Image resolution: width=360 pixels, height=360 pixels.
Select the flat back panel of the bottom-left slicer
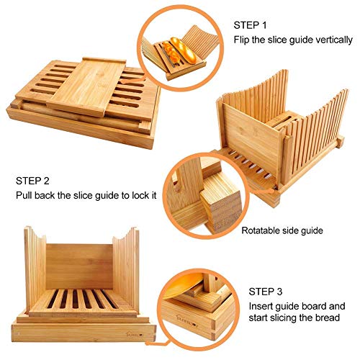(x=81, y=266)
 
